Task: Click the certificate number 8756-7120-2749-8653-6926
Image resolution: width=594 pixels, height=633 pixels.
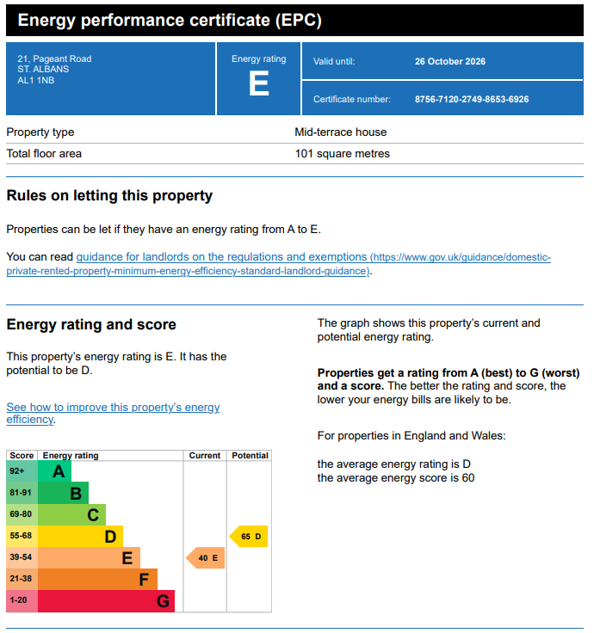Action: (x=472, y=99)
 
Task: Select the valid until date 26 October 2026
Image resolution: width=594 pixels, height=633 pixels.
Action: (x=449, y=61)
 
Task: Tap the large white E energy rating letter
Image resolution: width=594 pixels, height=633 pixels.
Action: (x=258, y=83)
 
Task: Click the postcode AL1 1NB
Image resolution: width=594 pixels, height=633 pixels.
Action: (x=35, y=80)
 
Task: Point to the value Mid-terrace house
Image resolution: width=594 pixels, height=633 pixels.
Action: (x=341, y=132)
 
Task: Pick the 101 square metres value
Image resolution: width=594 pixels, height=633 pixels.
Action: (x=343, y=154)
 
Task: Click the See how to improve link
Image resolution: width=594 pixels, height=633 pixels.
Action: (x=113, y=413)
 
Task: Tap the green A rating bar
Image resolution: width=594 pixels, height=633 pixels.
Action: (x=54, y=471)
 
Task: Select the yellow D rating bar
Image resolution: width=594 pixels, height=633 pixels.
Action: (x=80, y=536)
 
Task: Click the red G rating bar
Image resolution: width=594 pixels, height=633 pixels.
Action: (x=106, y=601)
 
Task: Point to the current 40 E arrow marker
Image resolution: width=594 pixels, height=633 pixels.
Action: (x=205, y=558)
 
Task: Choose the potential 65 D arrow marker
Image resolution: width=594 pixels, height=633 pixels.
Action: (x=249, y=537)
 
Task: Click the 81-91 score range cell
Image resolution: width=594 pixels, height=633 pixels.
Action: (x=22, y=493)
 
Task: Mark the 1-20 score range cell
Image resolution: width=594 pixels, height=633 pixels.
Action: (x=22, y=601)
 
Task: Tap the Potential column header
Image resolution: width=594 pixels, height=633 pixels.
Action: (x=250, y=455)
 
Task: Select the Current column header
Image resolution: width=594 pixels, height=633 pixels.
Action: (x=205, y=455)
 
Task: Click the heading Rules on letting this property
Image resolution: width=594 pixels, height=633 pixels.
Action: (x=109, y=196)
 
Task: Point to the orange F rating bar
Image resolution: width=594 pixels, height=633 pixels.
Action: (x=98, y=580)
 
